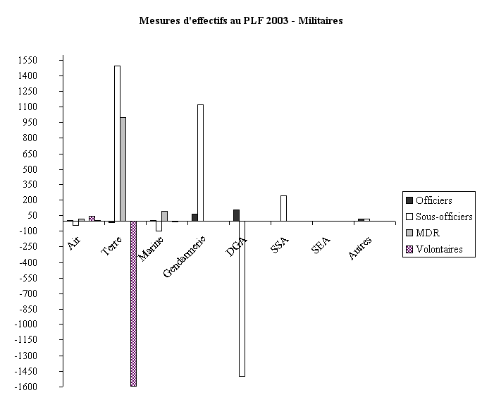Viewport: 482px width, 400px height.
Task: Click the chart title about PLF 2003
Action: click(241, 21)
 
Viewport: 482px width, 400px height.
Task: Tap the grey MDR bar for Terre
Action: click(123, 169)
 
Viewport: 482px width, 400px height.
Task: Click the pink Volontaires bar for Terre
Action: click(133, 303)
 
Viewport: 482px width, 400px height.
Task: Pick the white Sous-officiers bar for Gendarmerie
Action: click(200, 162)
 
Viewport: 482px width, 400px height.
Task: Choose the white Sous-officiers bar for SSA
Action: click(283, 208)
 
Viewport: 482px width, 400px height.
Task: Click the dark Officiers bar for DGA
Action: click(236, 215)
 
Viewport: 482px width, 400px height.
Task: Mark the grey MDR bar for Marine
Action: click(164, 216)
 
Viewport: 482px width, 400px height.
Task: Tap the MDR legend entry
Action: click(427, 232)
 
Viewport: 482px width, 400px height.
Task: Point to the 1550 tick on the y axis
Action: click(48, 61)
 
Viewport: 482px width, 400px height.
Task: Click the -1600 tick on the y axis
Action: click(47, 387)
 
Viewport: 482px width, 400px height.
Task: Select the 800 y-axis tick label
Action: click(50, 138)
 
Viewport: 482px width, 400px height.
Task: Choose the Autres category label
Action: click(360, 248)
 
